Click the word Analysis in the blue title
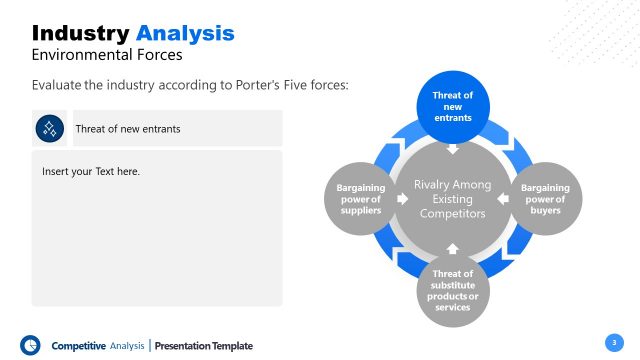click(185, 33)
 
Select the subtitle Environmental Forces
click(107, 55)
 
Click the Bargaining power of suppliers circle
click(360, 199)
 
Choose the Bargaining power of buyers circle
click(546, 198)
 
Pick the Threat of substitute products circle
click(453, 290)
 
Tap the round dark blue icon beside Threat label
click(50, 128)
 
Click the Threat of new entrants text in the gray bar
click(127, 129)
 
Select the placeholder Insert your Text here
click(91, 172)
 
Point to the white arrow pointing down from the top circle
click(452, 150)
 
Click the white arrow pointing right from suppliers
click(402, 199)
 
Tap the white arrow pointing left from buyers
click(502, 199)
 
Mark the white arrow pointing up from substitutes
click(452, 247)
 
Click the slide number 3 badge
click(615, 342)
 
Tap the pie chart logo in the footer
click(30, 344)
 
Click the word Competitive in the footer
click(78, 346)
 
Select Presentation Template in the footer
click(204, 346)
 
